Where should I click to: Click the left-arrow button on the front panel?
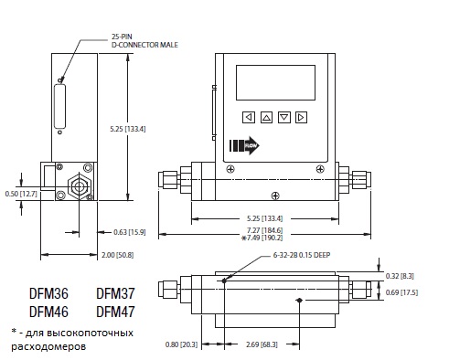click(x=249, y=117)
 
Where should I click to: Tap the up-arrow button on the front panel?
click(x=266, y=117)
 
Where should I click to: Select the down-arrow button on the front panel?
click(x=284, y=117)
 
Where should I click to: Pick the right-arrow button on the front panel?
click(x=301, y=117)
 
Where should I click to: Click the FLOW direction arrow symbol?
click(x=244, y=145)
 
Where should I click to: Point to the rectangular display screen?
click(x=275, y=82)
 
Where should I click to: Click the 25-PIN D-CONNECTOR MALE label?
click(x=144, y=41)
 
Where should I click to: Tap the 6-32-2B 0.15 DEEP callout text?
click(x=302, y=255)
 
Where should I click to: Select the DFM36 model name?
click(x=48, y=293)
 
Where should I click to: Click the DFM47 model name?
click(x=115, y=312)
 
